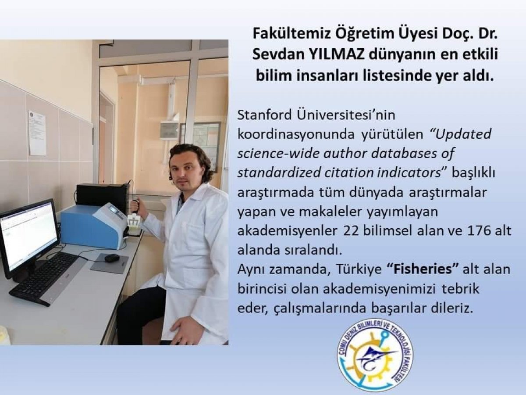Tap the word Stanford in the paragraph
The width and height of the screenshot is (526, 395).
[x=265, y=115]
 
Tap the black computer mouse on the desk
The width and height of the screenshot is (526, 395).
[x=112, y=258]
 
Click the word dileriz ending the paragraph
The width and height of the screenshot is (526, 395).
[x=452, y=308]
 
